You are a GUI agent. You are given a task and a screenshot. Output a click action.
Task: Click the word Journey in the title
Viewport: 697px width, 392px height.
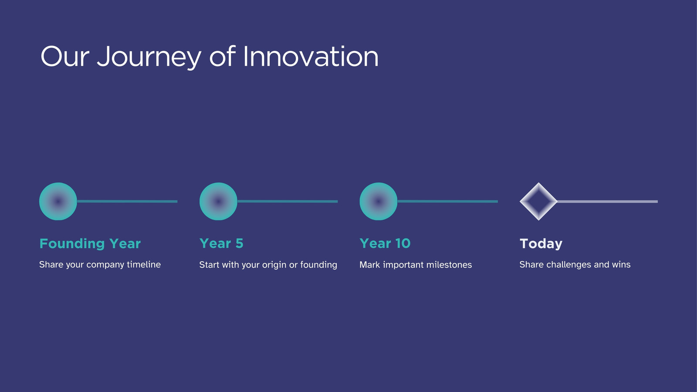pyautogui.click(x=149, y=57)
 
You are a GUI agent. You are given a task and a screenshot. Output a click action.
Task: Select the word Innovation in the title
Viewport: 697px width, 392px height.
pyautogui.click(x=311, y=56)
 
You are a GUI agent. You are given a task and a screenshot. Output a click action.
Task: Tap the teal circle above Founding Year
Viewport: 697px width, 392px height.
pyautogui.click(x=58, y=201)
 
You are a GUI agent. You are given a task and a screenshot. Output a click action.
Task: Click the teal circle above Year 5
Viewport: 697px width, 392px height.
pyautogui.click(x=218, y=201)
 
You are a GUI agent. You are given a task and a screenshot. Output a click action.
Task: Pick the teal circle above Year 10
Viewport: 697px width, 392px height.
pyautogui.click(x=379, y=201)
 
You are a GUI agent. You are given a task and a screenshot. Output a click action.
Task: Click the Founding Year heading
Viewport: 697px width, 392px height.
pyautogui.click(x=90, y=243)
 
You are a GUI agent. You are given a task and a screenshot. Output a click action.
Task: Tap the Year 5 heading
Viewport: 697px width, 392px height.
pyautogui.click(x=221, y=243)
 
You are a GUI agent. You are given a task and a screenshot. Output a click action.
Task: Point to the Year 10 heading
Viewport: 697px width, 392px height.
pyautogui.click(x=385, y=243)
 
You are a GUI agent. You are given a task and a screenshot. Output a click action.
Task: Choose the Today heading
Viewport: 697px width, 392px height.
pyautogui.click(x=541, y=243)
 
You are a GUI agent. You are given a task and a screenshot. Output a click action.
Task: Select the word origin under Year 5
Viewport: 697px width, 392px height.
pyautogui.click(x=274, y=265)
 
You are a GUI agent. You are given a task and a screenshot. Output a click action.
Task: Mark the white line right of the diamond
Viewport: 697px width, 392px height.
pyautogui.click(x=607, y=202)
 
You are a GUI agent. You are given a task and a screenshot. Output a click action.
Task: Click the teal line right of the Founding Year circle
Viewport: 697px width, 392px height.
pyautogui.click(x=127, y=202)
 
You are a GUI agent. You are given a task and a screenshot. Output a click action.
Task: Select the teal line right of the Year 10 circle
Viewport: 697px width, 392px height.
pyautogui.click(x=447, y=202)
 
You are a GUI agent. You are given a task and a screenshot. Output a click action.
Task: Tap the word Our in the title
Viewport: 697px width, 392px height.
pyautogui.click(x=65, y=56)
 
